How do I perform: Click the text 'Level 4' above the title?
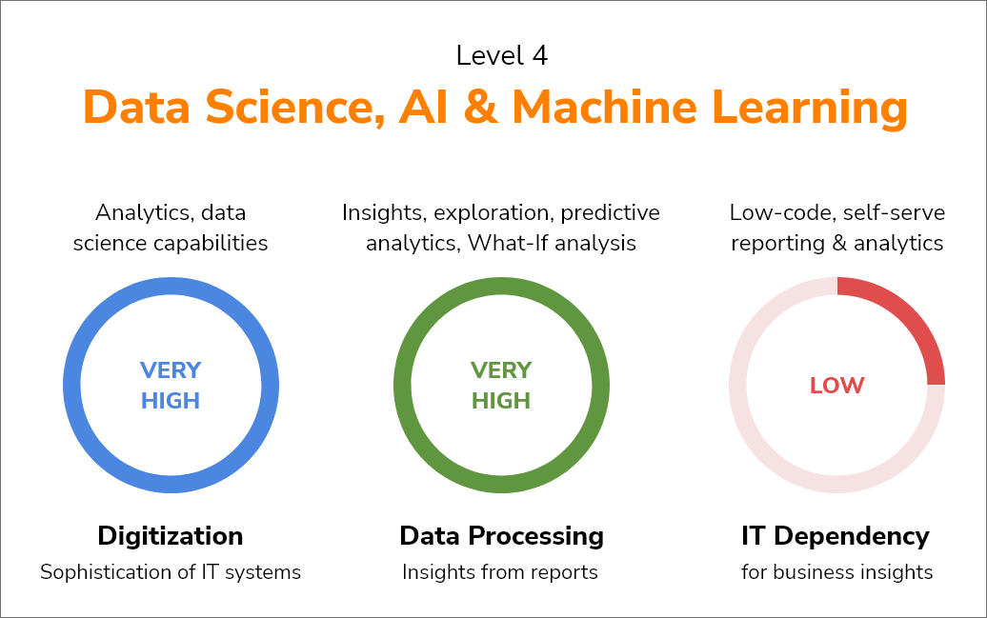[502, 55]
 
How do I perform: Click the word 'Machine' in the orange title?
[604, 107]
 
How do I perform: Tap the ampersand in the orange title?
[480, 108]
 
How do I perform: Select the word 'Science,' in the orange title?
[295, 108]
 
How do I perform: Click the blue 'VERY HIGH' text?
[171, 385]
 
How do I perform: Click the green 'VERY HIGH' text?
[501, 385]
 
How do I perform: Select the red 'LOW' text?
[837, 385]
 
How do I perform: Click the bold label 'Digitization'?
[171, 536]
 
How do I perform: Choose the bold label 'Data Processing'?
[502, 536]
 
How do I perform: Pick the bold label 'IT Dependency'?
[836, 536]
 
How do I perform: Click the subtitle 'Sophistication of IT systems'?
[171, 572]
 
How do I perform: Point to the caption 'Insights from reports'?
[500, 572]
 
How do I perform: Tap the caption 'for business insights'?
[837, 572]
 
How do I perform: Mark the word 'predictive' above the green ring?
[611, 213]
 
